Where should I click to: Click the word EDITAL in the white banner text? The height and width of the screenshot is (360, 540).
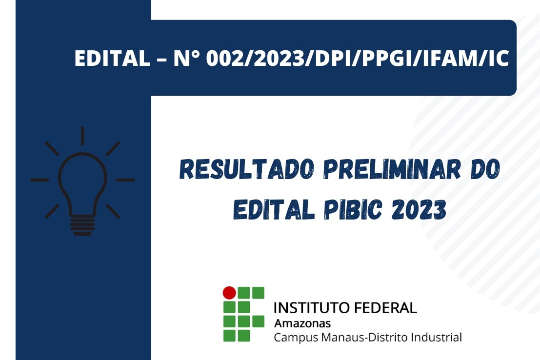pos(112,58)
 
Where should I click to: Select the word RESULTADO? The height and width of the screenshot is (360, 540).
pos(247,169)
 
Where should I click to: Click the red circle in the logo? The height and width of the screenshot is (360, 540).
pos(229,293)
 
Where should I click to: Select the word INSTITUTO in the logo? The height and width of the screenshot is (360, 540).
pos(308,308)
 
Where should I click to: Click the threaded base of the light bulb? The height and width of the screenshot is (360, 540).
pos(82,226)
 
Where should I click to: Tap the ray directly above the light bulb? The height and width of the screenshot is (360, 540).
pos(82,136)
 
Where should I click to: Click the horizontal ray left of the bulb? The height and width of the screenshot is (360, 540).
pos(40,180)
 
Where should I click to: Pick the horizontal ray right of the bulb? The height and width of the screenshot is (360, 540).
pos(125,180)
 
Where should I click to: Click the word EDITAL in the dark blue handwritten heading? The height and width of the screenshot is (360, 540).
pos(274,209)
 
